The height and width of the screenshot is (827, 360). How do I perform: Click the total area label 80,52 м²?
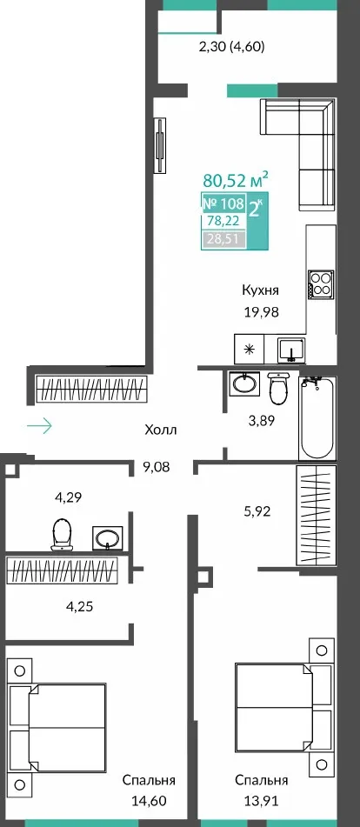236,180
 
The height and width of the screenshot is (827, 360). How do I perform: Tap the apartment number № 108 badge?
223,203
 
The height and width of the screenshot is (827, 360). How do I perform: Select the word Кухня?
260,290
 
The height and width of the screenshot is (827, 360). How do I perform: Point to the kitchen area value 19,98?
260,311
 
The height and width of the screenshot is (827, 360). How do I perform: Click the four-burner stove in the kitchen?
322,285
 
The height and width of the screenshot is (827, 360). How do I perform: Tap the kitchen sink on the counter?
291,350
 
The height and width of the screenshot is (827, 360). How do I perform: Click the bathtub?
317,417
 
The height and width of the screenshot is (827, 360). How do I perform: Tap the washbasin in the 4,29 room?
108,538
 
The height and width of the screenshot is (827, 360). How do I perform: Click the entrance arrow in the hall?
39,425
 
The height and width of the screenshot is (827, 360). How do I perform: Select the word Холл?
161,430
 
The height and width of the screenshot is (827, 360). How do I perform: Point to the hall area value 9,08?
157,467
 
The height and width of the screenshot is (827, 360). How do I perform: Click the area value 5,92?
257,510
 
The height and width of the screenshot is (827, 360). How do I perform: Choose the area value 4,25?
79,606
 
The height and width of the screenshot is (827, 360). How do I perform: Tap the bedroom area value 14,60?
150,801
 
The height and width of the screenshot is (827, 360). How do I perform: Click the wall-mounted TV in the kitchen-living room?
160,144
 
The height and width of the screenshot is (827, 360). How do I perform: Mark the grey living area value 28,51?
223,239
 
